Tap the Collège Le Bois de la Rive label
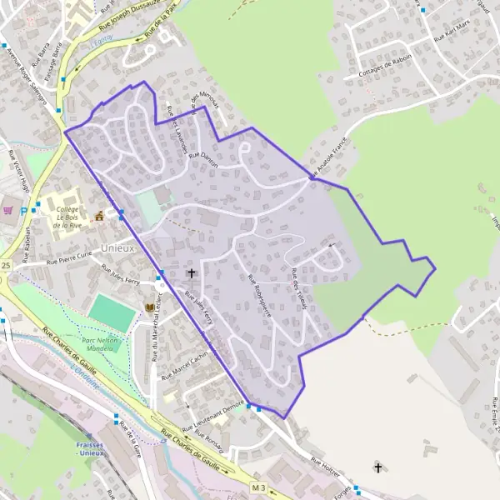pyautogui.click(x=62, y=217)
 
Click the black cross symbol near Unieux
pyautogui.click(x=191, y=272)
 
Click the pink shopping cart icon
pyautogui.click(x=8, y=210)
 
